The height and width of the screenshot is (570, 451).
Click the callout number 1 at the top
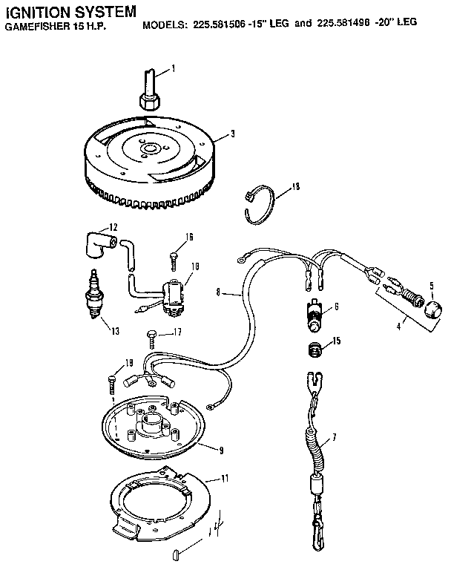[173, 69]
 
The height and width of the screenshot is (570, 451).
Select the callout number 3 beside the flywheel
[232, 134]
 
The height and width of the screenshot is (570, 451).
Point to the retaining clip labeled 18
[260, 200]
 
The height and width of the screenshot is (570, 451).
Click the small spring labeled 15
[315, 347]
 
